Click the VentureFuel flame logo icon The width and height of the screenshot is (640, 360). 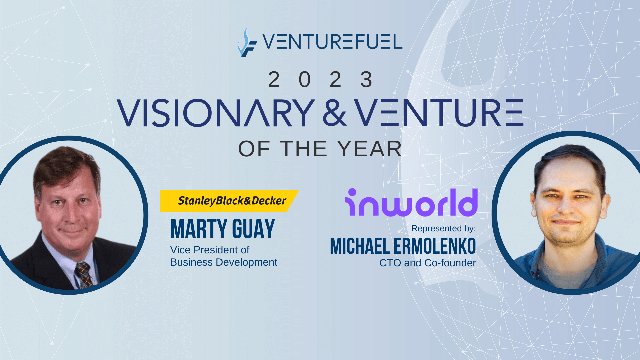pos(247,42)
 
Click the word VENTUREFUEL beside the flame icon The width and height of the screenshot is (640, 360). pos(332,42)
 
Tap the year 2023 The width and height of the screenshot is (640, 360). pos(320,80)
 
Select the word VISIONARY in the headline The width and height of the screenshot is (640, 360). pos(216,113)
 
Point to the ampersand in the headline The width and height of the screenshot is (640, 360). pos(335,113)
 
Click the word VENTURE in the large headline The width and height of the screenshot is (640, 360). pos(439,113)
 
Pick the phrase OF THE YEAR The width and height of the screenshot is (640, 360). pos(320,149)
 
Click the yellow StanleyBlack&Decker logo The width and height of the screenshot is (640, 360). pos(229,201)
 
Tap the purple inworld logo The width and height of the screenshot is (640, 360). pos(411,202)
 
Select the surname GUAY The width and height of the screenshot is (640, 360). pos(253,229)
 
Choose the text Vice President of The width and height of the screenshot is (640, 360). pos(210,250)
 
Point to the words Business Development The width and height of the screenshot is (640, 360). pos(224,262)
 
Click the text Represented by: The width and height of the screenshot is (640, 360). pos(444,228)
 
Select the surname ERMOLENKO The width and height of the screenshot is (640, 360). pos(435,246)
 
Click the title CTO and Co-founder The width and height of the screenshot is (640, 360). pos(428,263)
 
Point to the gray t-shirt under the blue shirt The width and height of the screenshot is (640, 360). pos(567,272)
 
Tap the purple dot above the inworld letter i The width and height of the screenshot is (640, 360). pos(352,192)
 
